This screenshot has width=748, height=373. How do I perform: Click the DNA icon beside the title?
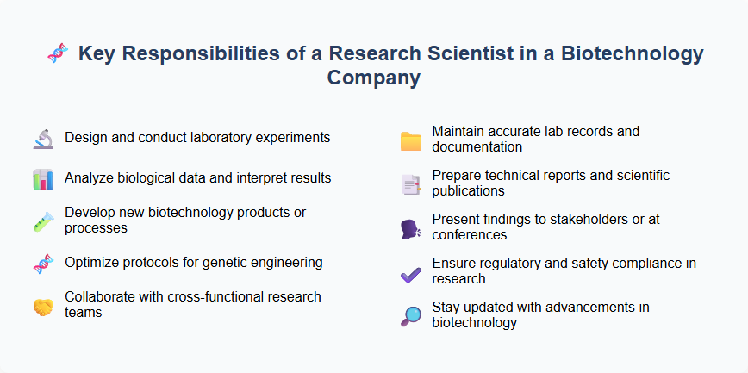(x=57, y=54)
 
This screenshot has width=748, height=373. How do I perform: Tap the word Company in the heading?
(x=374, y=78)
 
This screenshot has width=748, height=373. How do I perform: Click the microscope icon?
(x=44, y=138)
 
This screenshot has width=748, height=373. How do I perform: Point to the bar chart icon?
(x=44, y=179)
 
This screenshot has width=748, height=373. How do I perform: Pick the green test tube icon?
(x=44, y=221)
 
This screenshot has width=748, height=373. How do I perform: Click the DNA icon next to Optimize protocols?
(x=44, y=263)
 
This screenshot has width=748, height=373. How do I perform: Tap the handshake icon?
(x=44, y=305)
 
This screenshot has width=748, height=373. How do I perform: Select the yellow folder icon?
(x=411, y=140)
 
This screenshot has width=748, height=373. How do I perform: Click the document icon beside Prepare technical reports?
(x=411, y=183)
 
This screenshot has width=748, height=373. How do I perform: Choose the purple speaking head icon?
(x=411, y=228)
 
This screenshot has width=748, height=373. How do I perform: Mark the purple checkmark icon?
(x=411, y=272)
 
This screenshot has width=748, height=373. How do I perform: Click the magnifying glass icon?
(x=411, y=315)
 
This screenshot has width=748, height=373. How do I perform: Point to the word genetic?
(x=226, y=263)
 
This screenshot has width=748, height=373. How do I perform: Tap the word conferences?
(x=470, y=234)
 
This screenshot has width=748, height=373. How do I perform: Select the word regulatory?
(x=508, y=263)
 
